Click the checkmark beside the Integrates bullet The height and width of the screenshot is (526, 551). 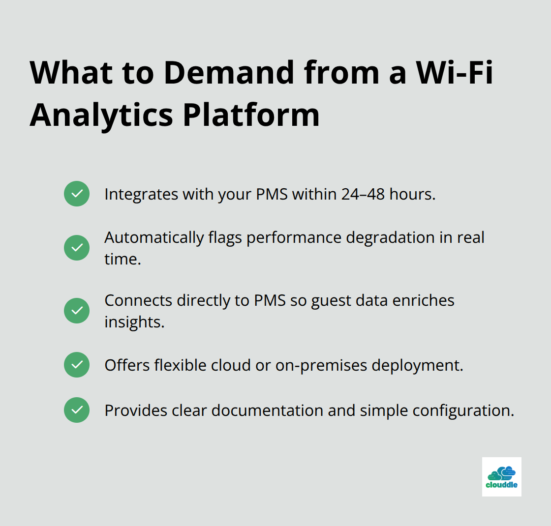pos(77,194)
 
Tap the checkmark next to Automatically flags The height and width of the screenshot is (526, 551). pos(77,248)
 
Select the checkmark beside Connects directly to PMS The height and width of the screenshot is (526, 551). pos(77,311)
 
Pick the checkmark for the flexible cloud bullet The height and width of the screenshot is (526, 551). pos(77,365)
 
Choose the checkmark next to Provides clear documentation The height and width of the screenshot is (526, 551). pos(77,410)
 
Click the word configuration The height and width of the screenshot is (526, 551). pos(462,410)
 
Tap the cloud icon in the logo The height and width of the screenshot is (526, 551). pos(501,472)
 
